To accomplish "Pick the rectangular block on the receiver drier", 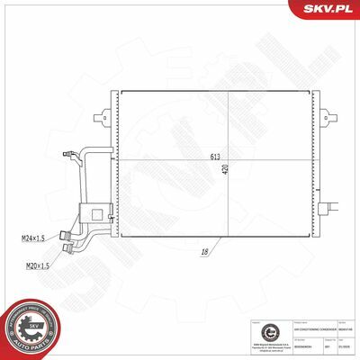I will pos(92,213).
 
